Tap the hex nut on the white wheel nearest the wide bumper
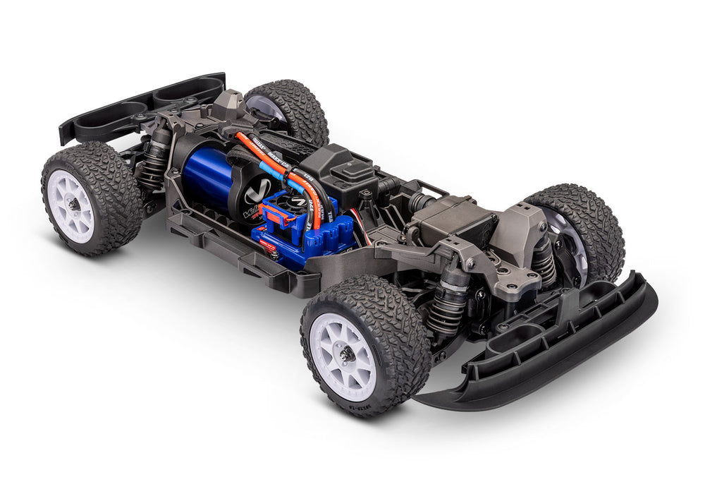coord(347,355)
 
